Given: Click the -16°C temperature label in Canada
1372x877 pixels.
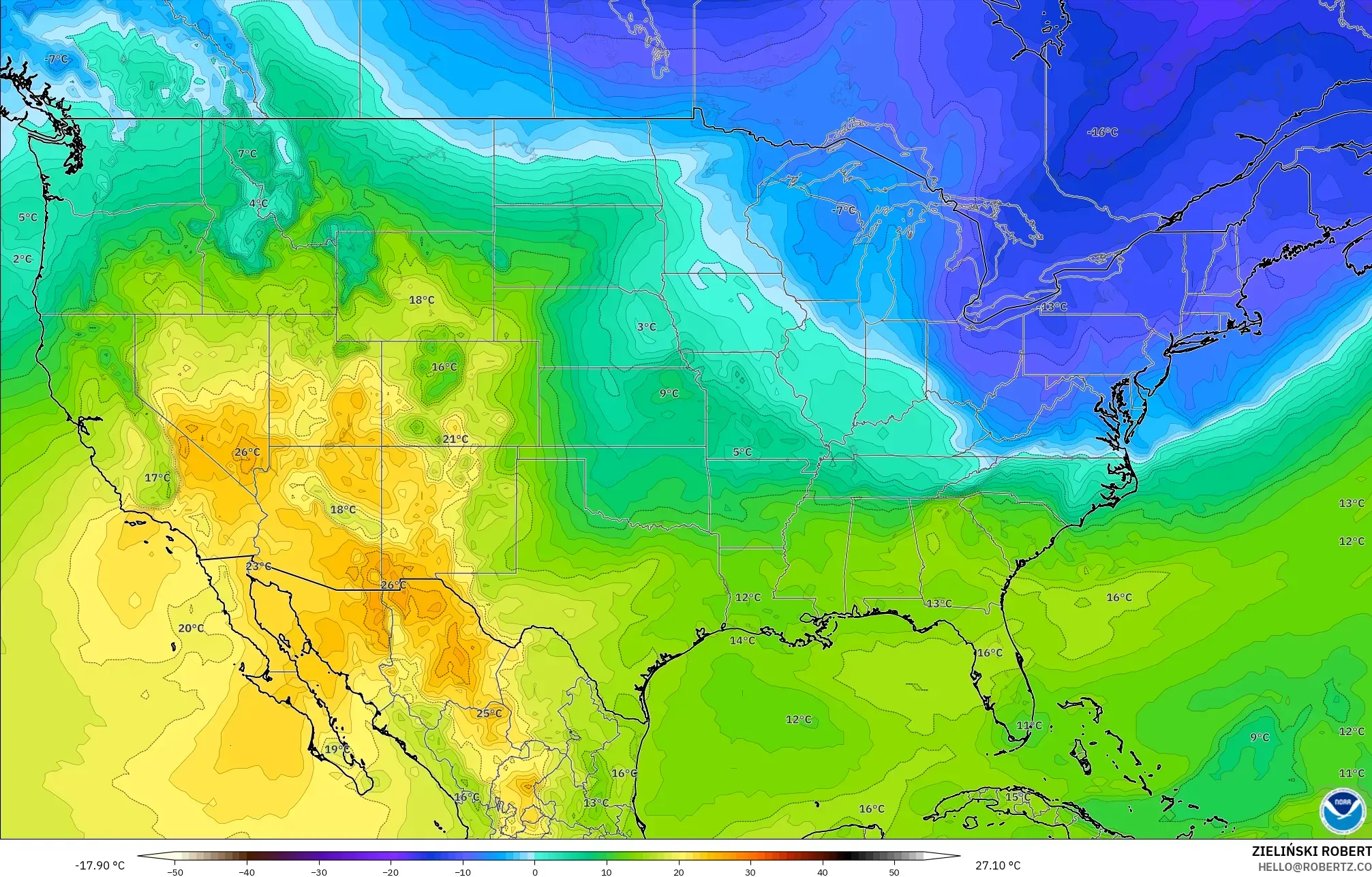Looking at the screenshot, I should (x=1102, y=132).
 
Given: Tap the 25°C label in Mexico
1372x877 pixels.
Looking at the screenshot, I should (x=489, y=713).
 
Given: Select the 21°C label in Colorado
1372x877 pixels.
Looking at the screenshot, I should (x=455, y=439).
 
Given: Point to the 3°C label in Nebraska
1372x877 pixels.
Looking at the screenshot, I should (x=646, y=327).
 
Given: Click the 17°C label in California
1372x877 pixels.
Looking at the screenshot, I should (x=157, y=478).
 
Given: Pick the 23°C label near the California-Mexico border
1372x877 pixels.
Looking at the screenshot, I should (x=258, y=566).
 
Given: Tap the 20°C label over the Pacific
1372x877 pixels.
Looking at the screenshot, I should (x=191, y=628).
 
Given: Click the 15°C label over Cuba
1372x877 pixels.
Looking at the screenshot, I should (x=1018, y=797).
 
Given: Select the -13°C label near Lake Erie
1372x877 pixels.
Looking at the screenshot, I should (x=1053, y=307).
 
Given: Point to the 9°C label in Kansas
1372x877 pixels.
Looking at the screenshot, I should (x=669, y=393).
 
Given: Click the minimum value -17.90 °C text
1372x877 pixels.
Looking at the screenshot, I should (x=100, y=865).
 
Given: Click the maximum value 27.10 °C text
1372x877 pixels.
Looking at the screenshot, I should (x=998, y=865).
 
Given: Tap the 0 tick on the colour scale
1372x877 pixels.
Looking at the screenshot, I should (x=535, y=872).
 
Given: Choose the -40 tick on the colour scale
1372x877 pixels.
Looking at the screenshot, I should (x=247, y=872).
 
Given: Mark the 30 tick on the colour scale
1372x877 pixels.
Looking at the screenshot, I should (x=750, y=872).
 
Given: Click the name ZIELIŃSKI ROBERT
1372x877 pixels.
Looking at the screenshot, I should (x=1311, y=851).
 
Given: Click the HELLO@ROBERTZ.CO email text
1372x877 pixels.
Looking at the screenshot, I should (x=1314, y=867).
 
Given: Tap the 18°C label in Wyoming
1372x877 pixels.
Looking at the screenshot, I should (x=421, y=300).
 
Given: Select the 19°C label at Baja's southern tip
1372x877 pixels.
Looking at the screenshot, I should (x=337, y=749).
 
